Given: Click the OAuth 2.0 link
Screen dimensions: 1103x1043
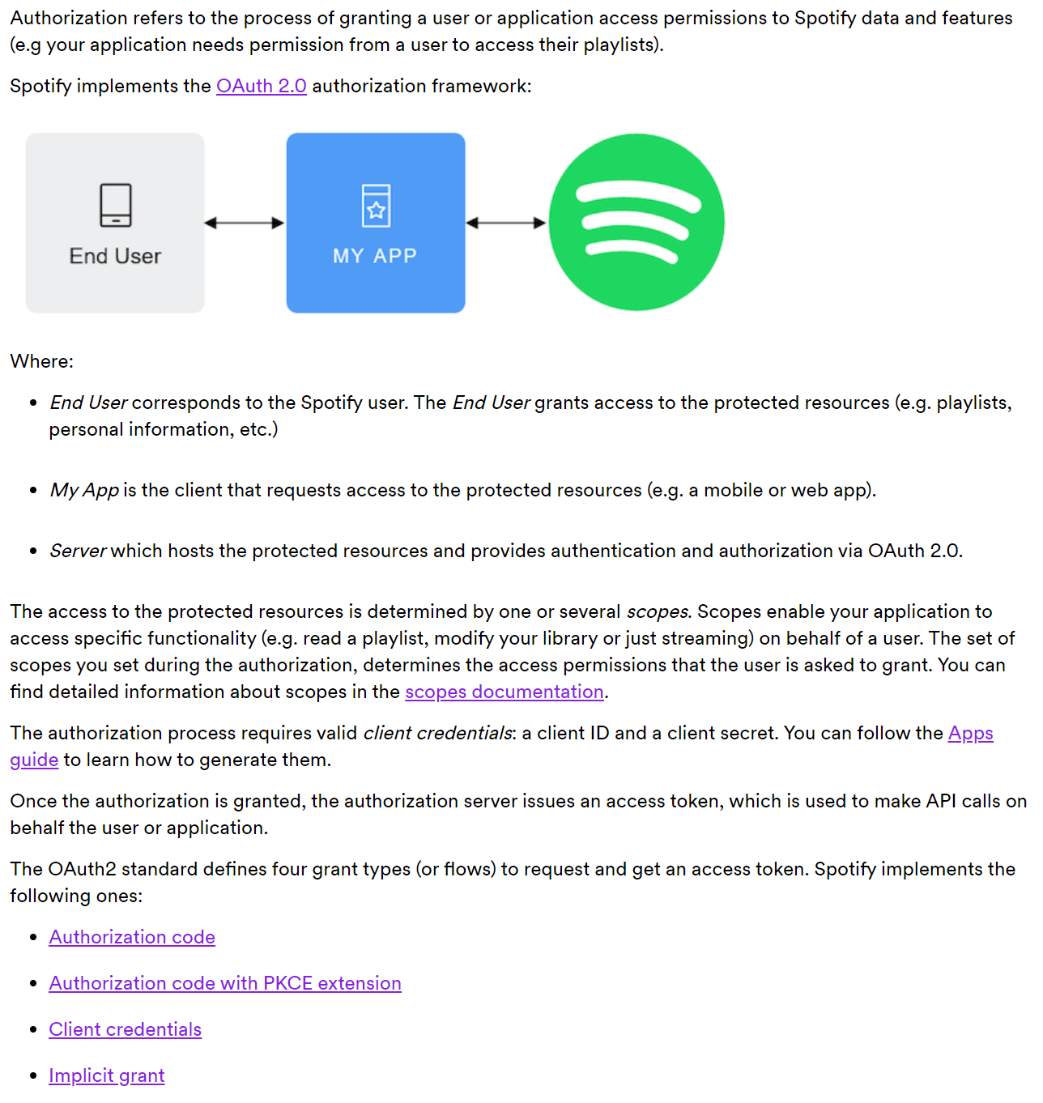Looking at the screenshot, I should (261, 86).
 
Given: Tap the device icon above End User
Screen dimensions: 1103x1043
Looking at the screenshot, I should (115, 205).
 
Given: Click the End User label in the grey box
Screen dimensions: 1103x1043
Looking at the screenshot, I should (115, 256).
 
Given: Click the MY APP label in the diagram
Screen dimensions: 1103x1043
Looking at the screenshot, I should (375, 256).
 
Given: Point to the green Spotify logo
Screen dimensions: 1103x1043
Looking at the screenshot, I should (636, 222).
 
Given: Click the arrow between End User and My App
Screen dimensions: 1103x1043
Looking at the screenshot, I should (245, 223).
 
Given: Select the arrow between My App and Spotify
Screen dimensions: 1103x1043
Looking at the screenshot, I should (506, 223).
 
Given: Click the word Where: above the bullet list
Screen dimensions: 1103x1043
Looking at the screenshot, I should (41, 361).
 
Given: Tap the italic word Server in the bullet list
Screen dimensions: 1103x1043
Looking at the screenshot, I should (78, 551).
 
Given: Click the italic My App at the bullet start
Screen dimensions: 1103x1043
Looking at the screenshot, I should (84, 490).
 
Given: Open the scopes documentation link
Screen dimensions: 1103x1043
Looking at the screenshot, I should (504, 692).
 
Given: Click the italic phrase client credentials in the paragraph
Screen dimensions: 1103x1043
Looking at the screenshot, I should (437, 733).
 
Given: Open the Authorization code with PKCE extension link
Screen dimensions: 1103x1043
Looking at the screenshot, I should (224, 983).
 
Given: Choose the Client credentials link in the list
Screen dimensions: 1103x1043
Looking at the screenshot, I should (125, 1029).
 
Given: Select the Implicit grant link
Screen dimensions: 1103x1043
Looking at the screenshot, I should (106, 1075).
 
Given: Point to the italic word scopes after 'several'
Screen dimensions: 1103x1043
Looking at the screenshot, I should (658, 611).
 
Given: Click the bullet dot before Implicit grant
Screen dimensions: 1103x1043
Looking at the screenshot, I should (33, 1075).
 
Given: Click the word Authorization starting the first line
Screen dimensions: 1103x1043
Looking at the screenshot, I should (69, 18).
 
